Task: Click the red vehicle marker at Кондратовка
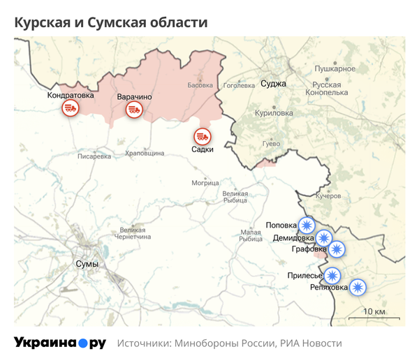[70, 108]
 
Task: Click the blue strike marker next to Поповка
[306, 225]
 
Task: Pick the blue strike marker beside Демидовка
[323, 238]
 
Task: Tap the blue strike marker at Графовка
[337, 249]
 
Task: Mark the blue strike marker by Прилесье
[332, 275]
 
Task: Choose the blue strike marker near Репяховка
[358, 286]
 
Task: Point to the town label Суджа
[273, 84]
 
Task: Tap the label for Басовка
[200, 86]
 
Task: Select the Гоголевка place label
[239, 86]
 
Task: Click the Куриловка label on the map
[274, 112]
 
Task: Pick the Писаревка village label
[94, 156]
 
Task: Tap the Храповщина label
[145, 152]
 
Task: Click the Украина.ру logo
[60, 343]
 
